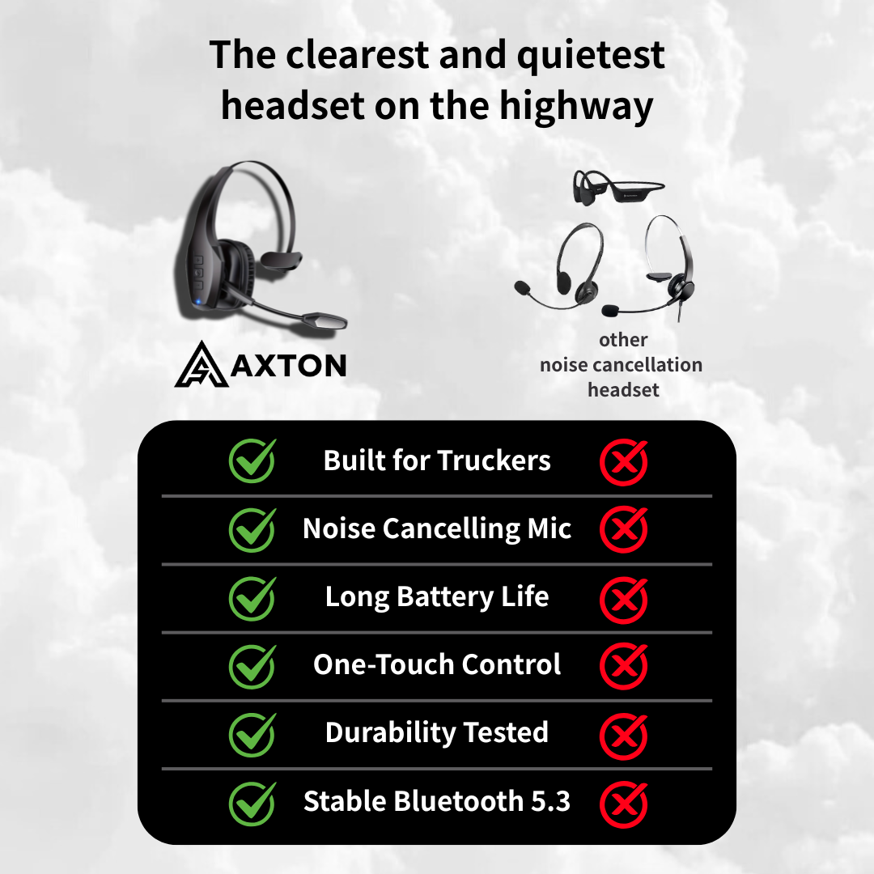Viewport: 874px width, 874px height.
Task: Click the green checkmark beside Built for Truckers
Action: pyautogui.click(x=252, y=461)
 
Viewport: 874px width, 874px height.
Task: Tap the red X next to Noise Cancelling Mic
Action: pyautogui.click(x=623, y=529)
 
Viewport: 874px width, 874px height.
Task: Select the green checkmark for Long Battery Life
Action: pyautogui.click(x=252, y=597)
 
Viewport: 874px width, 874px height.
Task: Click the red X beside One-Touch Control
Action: pyautogui.click(x=623, y=665)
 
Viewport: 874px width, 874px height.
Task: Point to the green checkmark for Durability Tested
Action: pyautogui.click(x=252, y=733)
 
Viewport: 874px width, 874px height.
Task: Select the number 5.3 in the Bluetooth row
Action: pyautogui.click(x=550, y=801)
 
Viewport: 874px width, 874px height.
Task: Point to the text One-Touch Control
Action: pyautogui.click(x=437, y=664)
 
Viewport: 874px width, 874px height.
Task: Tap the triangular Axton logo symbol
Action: pyautogui.click(x=202, y=363)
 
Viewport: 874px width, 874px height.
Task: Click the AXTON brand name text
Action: pyautogui.click(x=289, y=365)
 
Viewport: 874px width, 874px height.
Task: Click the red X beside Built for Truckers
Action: pyautogui.click(x=623, y=461)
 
